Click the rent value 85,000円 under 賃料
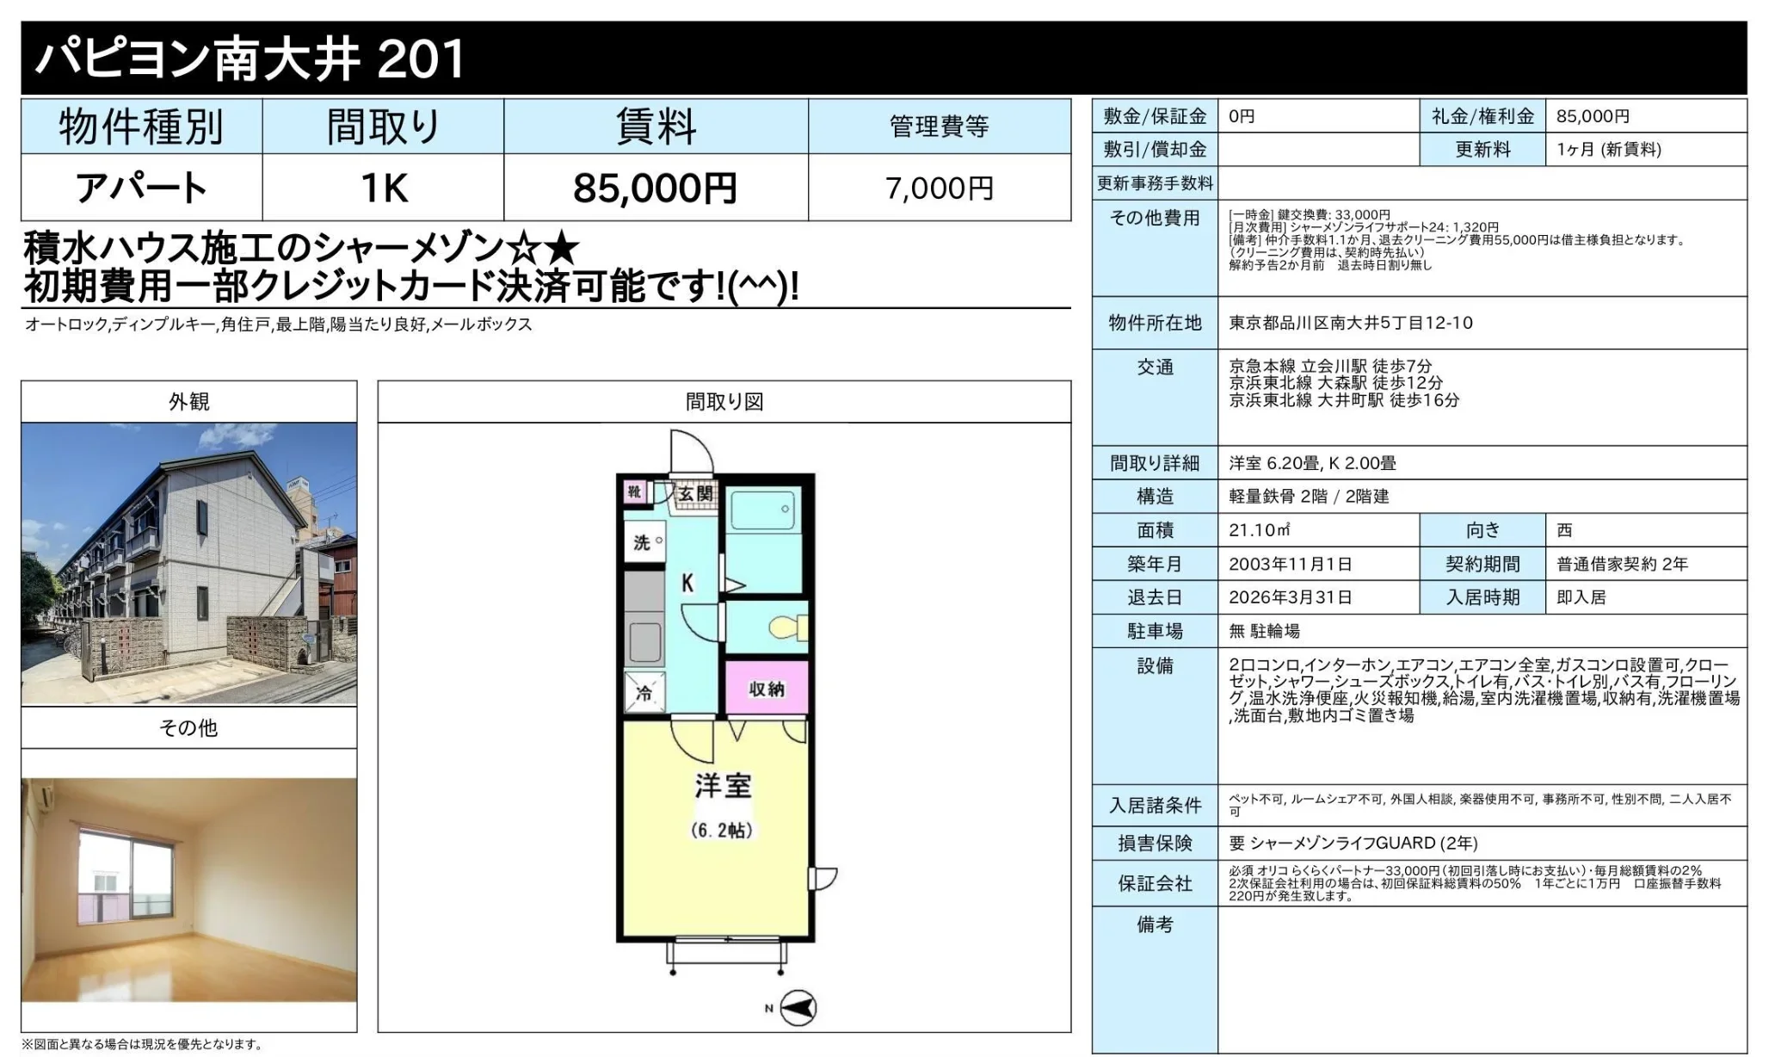tap(655, 188)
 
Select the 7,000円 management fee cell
tap(939, 188)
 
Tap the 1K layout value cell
tap(383, 188)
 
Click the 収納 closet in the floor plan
tap(766, 688)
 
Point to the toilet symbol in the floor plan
tap(787, 627)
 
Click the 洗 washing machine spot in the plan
tap(644, 542)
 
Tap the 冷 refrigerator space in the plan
tap(644, 693)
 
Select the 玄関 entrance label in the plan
tap(695, 493)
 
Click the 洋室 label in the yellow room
tap(723, 786)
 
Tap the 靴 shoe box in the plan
tap(634, 491)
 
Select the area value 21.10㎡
tap(1259, 530)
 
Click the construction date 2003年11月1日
tap(1290, 564)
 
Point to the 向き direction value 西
tap(1564, 530)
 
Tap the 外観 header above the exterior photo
tap(188, 401)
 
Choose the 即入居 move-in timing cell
tap(1581, 597)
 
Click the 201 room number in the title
tap(421, 59)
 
